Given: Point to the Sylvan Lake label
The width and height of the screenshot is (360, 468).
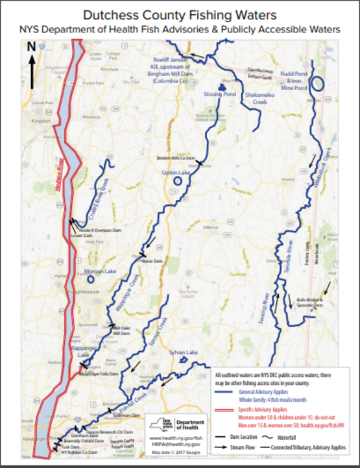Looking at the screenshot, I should tap(183, 351).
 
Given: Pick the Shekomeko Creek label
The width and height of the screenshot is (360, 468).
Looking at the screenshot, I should tap(259, 98).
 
